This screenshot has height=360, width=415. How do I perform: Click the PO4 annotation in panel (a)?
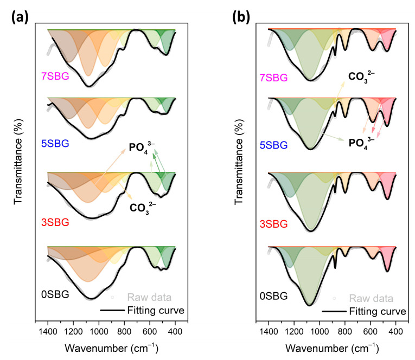[142, 146]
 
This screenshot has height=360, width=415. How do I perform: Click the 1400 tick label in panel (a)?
[48, 329]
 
